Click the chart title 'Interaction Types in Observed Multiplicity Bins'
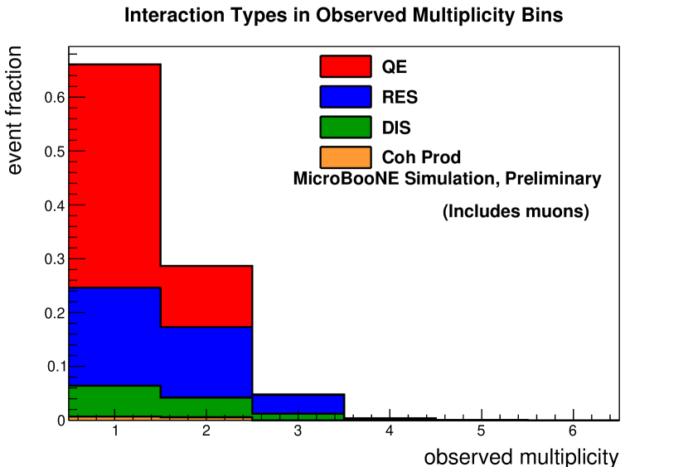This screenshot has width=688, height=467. (x=344, y=16)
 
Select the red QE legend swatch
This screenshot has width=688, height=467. (x=345, y=67)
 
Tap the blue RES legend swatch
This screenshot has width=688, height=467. (x=345, y=97)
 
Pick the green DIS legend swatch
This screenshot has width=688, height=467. (x=345, y=127)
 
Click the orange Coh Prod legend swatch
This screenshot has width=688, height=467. (x=345, y=156)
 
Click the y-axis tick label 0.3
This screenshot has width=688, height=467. (x=55, y=259)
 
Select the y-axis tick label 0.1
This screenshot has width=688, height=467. (x=55, y=367)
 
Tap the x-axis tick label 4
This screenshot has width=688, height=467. (x=390, y=432)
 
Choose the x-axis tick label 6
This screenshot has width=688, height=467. (x=572, y=432)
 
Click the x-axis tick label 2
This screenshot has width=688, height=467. (x=206, y=432)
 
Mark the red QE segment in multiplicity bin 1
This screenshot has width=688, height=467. (x=114, y=174)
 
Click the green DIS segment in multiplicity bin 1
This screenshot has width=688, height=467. (x=114, y=401)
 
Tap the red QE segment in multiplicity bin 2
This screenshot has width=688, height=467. (x=206, y=296)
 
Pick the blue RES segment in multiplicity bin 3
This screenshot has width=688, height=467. (x=298, y=403)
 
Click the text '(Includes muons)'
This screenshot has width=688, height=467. (x=516, y=212)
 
